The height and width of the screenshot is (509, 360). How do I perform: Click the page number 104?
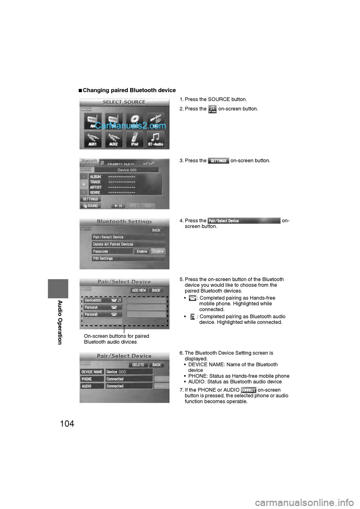(x=67, y=424)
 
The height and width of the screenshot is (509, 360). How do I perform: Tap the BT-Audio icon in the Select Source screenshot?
(x=156, y=139)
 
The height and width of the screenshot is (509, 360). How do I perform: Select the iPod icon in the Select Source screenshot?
(x=135, y=139)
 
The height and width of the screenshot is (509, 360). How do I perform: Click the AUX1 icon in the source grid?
(x=92, y=139)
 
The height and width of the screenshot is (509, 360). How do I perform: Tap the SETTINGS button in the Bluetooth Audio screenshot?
(x=90, y=199)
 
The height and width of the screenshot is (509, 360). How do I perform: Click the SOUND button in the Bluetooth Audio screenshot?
(x=90, y=206)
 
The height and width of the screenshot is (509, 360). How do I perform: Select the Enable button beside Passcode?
(x=142, y=252)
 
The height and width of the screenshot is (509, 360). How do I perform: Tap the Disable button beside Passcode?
(x=158, y=252)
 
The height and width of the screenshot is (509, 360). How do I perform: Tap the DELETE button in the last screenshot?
(x=138, y=365)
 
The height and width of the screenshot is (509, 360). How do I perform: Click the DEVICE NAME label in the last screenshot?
(x=92, y=372)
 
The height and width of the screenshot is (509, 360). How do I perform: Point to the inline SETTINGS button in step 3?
(x=218, y=161)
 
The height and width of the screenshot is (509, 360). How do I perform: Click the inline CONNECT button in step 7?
(x=248, y=390)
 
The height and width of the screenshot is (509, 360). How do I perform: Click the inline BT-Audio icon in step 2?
(x=212, y=109)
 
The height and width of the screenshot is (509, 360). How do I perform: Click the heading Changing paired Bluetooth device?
(x=129, y=90)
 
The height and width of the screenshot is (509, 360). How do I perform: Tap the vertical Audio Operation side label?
(x=60, y=322)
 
